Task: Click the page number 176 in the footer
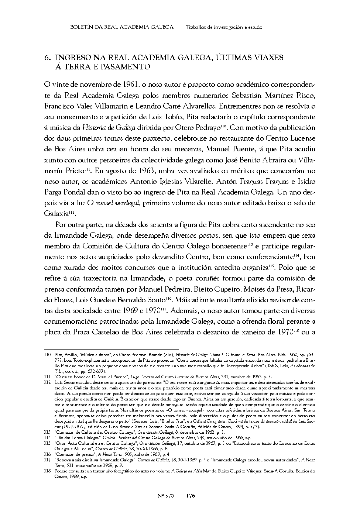(190, 496)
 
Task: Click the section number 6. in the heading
(47, 58)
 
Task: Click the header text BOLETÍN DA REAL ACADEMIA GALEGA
(122, 27)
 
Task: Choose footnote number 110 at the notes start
(47, 354)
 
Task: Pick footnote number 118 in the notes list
(47, 471)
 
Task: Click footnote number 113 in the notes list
(47, 432)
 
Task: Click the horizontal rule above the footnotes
(111, 348)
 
